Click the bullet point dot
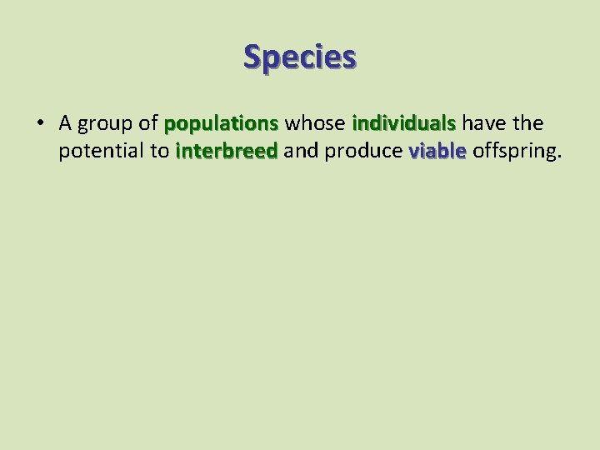[40, 124]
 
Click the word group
[107, 125]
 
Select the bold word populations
[222, 125]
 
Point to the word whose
[316, 123]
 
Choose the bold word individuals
[404, 123]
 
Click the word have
[482, 123]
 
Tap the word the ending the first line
[527, 123]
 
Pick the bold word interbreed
[227, 151]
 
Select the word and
[300, 151]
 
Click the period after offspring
[560, 157]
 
